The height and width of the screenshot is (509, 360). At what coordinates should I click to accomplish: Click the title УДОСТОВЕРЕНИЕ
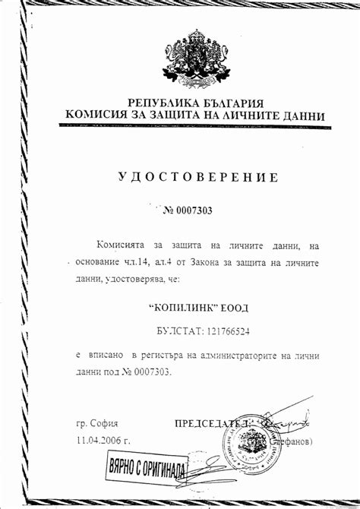coord(198,178)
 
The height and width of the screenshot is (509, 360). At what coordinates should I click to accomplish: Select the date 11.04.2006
coord(98,440)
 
